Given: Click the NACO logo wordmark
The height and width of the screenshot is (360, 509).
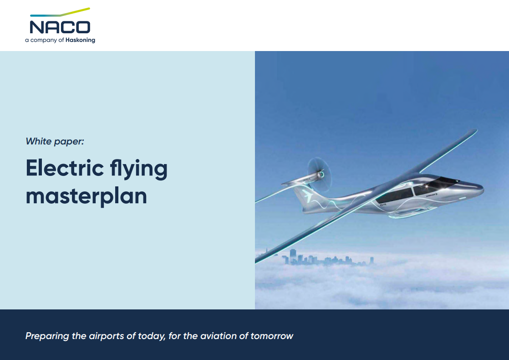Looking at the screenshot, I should coord(60,26).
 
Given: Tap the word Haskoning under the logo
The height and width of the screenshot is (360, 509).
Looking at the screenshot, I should coord(80,40).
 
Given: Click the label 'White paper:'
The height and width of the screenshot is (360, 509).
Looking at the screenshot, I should coord(55,141).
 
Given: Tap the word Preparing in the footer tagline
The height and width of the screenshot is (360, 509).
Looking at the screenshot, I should coord(48,336).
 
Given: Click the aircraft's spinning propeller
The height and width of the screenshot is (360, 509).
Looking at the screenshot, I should coord(315,172).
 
